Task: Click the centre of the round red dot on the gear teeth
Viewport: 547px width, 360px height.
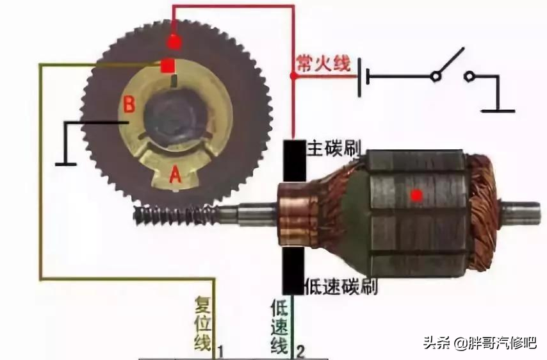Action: pyautogui.click(x=174, y=42)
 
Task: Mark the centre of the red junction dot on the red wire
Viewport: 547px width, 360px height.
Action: pyautogui.click(x=294, y=75)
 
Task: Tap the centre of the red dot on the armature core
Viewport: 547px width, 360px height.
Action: pyautogui.click(x=416, y=196)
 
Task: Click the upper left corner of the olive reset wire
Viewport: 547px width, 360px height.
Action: pyautogui.click(x=40, y=64)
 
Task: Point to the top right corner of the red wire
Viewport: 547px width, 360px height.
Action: pyautogui.click(x=294, y=6)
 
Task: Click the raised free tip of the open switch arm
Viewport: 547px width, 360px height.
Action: pyautogui.click(x=464, y=48)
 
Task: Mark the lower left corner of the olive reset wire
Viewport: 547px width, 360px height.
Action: pyautogui.click(x=41, y=279)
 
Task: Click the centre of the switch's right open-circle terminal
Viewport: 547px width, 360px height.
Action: pyautogui.click(x=469, y=76)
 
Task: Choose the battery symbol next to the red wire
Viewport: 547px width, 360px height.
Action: pyautogui.click(x=364, y=78)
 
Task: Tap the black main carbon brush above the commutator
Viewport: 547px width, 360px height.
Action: pyautogui.click(x=294, y=161)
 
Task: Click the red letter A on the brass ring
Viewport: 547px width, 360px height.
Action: pyautogui.click(x=176, y=174)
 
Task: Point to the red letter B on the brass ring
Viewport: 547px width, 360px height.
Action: pyautogui.click(x=129, y=104)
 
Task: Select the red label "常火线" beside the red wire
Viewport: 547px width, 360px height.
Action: pyautogui.click(x=323, y=63)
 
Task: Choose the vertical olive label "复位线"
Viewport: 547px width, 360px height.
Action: pyautogui.click(x=202, y=323)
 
